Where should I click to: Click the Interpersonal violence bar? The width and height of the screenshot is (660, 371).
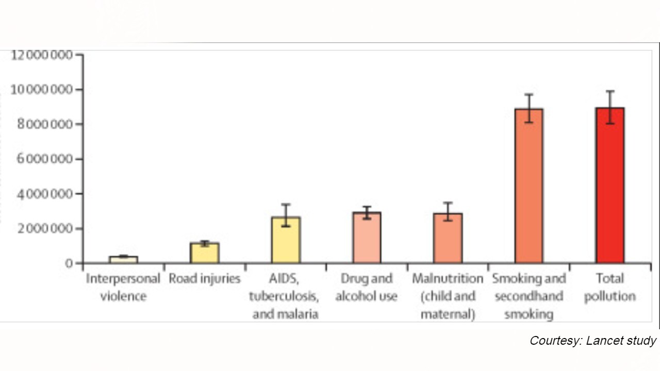click(x=123, y=260)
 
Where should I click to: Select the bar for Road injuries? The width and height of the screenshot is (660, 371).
click(x=205, y=253)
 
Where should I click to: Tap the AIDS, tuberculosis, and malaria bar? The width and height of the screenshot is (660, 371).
click(x=286, y=240)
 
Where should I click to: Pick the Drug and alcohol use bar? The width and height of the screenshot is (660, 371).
click(x=367, y=238)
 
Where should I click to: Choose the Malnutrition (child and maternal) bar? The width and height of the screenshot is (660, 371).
click(x=448, y=238)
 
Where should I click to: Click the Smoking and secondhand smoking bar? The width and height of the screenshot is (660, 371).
click(x=529, y=185)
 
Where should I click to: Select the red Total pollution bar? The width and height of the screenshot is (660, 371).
click(x=610, y=185)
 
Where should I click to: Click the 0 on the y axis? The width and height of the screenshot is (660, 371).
click(x=70, y=263)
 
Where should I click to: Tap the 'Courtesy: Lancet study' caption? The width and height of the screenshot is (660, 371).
click(x=593, y=341)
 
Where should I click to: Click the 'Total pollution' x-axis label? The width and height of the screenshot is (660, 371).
click(x=610, y=288)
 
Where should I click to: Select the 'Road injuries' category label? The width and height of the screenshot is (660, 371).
click(x=205, y=279)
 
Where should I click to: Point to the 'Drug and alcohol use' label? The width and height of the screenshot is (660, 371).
click(x=367, y=288)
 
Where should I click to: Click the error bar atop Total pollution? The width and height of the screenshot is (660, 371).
click(x=610, y=107)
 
